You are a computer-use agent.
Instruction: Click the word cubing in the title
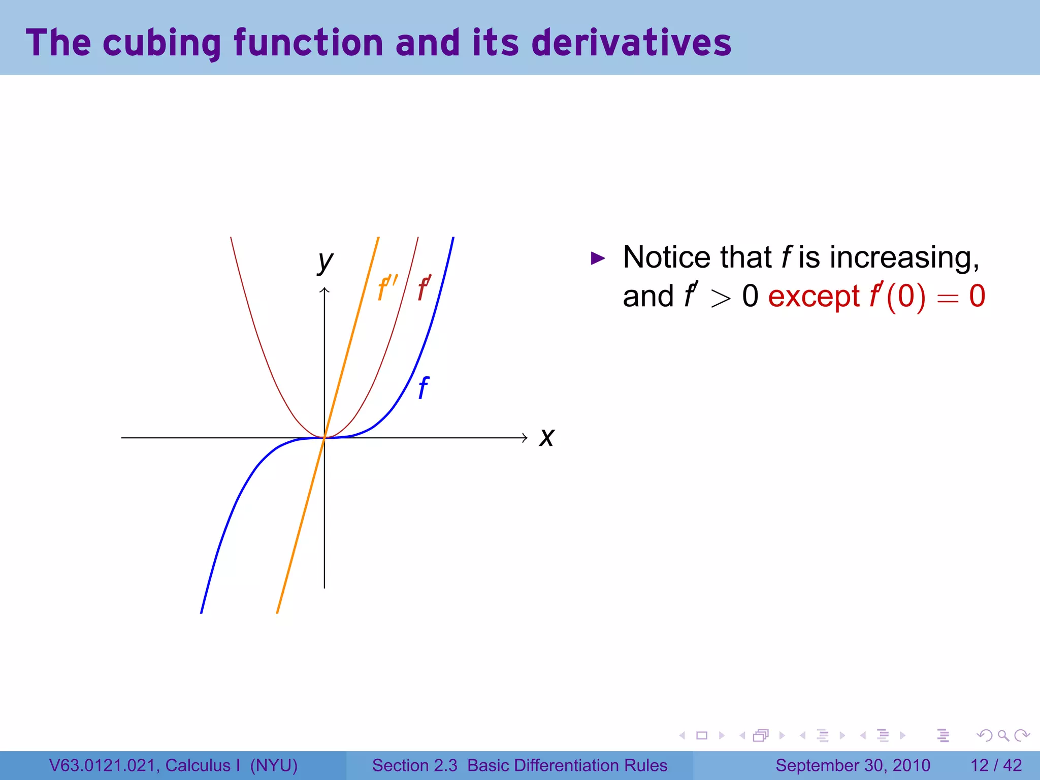(x=162, y=43)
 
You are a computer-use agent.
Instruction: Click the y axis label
(x=325, y=262)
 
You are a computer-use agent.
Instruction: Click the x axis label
(x=546, y=437)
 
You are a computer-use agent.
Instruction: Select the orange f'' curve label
(x=387, y=287)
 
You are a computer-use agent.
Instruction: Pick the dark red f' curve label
(x=424, y=288)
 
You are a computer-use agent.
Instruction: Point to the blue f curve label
(x=423, y=388)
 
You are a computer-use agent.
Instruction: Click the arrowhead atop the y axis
(x=324, y=290)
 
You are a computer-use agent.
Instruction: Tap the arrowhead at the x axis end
(x=525, y=438)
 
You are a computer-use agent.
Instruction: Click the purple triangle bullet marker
(x=598, y=258)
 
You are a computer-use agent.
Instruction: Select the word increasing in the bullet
(x=904, y=257)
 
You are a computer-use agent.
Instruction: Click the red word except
(x=814, y=297)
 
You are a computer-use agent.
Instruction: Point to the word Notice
(x=665, y=257)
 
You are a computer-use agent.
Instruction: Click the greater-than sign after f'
(x=721, y=298)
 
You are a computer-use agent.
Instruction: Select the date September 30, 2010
(x=853, y=765)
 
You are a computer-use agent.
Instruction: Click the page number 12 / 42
(x=996, y=765)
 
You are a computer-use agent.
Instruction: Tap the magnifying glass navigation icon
(x=1003, y=735)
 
